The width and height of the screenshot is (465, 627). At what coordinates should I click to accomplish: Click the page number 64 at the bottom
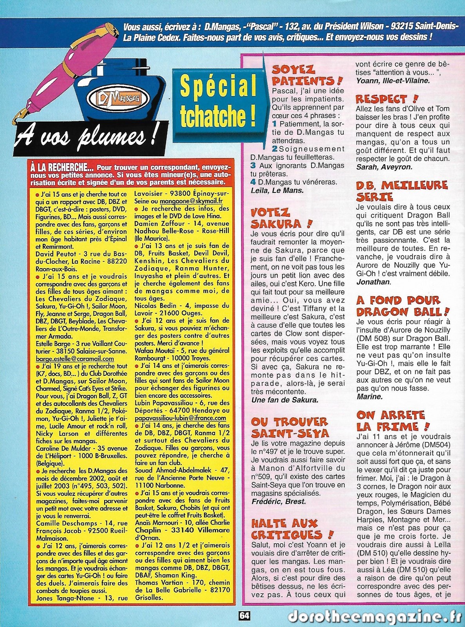click(244, 616)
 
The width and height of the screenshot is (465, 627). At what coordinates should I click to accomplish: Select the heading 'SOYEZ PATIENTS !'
click(307, 75)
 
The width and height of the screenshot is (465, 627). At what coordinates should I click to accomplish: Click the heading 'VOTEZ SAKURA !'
click(282, 218)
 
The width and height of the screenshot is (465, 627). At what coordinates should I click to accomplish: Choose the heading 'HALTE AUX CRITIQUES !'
click(292, 529)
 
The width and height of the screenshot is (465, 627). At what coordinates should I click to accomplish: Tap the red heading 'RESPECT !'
click(387, 98)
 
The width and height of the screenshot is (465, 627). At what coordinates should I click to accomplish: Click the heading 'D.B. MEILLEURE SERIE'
click(402, 190)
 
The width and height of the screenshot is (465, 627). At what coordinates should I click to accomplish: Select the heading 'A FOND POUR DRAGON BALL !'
click(402, 306)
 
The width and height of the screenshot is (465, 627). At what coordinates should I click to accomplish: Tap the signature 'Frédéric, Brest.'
click(279, 501)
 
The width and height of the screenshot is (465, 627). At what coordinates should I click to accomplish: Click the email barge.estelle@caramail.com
click(75, 359)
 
